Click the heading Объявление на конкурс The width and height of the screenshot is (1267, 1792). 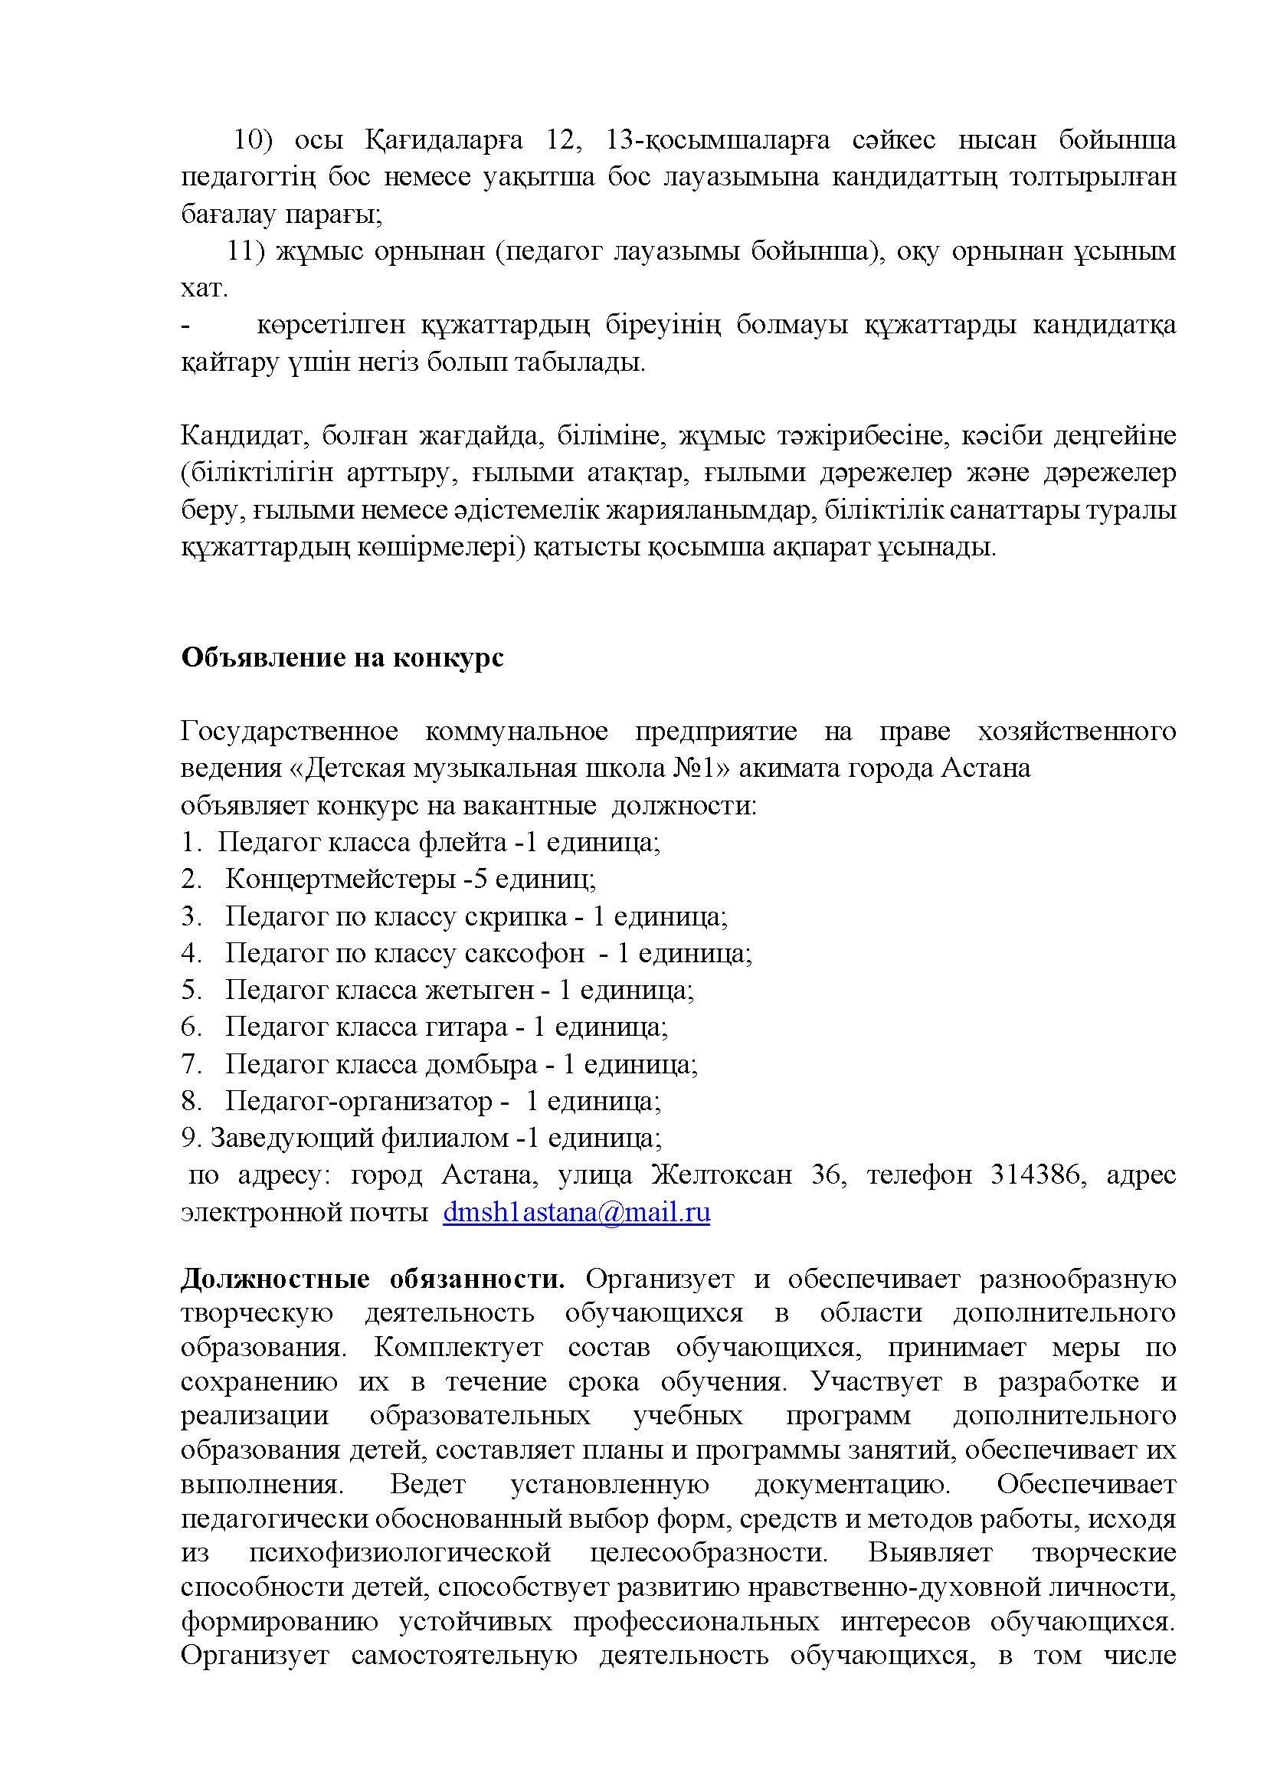coord(342,657)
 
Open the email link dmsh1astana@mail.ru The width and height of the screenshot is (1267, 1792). coord(576,1212)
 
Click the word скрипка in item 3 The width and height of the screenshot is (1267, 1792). coord(516,916)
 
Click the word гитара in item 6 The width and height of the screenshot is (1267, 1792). coord(466,1027)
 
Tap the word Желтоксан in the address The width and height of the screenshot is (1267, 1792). coord(722,1174)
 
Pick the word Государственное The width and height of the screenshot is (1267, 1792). coord(290,732)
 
